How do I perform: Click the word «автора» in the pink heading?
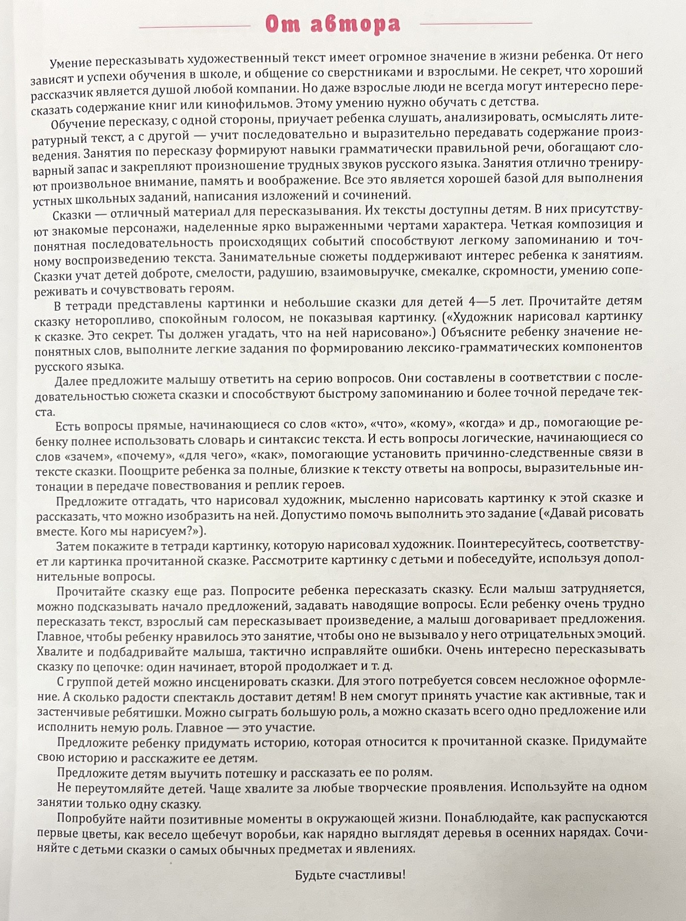[x=355, y=24]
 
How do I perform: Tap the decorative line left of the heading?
[x=194, y=27]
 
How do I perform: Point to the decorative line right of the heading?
[x=476, y=23]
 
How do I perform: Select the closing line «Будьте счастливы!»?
[x=350, y=875]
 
